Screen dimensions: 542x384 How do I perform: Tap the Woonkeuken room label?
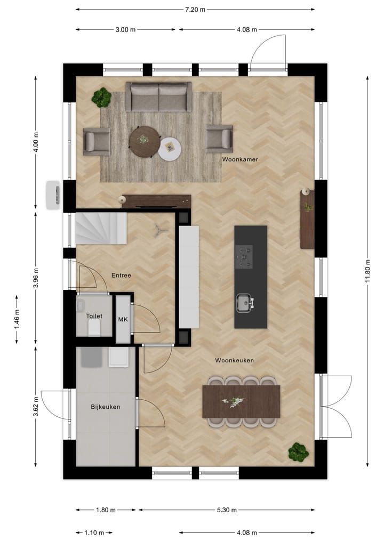click(234, 360)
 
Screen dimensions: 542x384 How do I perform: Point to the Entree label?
click(121, 276)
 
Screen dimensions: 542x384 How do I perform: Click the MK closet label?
click(123, 319)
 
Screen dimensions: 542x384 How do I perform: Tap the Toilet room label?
click(94, 316)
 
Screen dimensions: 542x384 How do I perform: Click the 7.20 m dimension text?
click(195, 9)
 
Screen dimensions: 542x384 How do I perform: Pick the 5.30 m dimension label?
click(227, 510)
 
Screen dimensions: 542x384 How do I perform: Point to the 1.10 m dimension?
click(94, 532)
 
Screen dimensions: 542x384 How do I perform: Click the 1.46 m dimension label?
click(17, 319)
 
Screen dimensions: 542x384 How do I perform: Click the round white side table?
click(170, 149)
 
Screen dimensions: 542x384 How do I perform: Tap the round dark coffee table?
click(144, 140)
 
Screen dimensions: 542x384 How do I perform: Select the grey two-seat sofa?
click(158, 96)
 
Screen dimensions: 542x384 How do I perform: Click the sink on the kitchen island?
click(244, 303)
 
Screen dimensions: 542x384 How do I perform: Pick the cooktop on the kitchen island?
click(244, 256)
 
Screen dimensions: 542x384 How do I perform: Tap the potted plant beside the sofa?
click(101, 98)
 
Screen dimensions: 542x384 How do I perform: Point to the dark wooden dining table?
click(241, 401)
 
